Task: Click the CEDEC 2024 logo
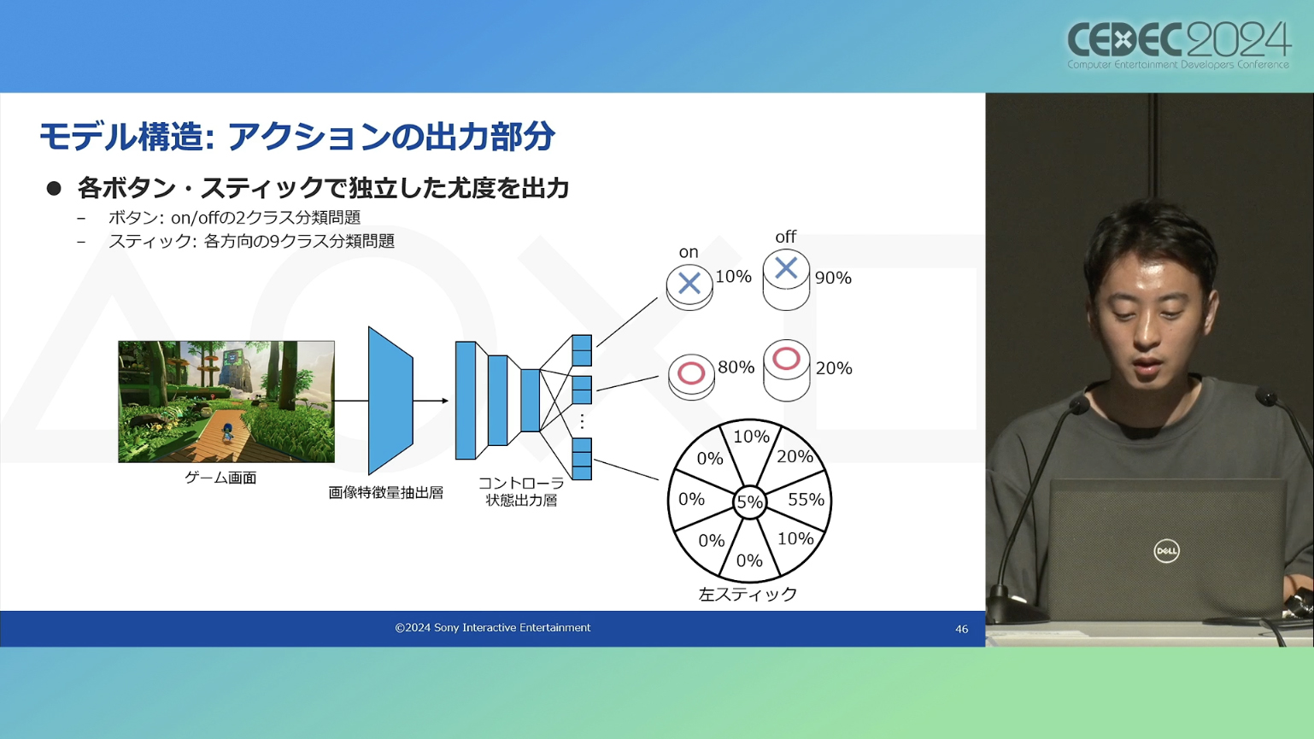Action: click(x=1178, y=45)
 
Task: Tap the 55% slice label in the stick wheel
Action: click(x=806, y=499)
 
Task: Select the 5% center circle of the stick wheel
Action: click(x=749, y=502)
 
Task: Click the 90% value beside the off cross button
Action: click(x=833, y=278)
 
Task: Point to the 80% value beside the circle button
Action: click(x=736, y=367)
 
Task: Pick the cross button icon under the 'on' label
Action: click(x=689, y=287)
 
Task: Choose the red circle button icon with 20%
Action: click(x=787, y=370)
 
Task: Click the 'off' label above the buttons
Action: click(x=785, y=237)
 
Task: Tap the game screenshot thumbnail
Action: click(x=226, y=402)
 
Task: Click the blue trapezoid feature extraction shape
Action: click(x=390, y=401)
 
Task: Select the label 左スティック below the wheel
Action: click(x=748, y=594)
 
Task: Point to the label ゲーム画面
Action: click(x=220, y=478)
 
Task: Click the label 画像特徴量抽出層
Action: click(x=385, y=492)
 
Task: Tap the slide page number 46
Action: click(x=961, y=629)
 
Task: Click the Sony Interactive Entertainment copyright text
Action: click(x=493, y=628)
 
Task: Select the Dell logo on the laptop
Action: click(x=1166, y=551)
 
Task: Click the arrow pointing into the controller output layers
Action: click(x=431, y=401)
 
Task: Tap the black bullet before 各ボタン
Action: click(x=54, y=188)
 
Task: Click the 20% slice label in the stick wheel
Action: click(x=795, y=456)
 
